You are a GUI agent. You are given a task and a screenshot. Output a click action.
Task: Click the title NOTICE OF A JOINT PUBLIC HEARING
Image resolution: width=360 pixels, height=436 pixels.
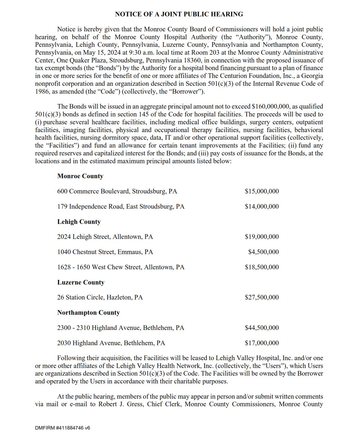[179, 14]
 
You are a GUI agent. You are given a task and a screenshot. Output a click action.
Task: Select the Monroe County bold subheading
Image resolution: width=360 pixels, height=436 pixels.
[80, 176]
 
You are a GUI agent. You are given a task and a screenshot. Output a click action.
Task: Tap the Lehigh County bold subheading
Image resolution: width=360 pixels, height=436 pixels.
[79, 221]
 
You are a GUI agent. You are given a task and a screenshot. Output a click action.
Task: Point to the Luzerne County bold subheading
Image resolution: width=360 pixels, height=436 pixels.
[81, 282]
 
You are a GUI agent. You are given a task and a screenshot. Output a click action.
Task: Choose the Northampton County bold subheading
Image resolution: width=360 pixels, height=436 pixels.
[89, 313]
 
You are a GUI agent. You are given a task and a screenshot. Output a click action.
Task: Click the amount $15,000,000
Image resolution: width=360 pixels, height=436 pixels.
[262, 191]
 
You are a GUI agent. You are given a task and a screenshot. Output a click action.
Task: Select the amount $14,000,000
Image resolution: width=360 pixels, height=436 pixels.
[262, 206]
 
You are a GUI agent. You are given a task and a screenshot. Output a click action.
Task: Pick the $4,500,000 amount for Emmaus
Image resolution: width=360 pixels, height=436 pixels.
[263, 252]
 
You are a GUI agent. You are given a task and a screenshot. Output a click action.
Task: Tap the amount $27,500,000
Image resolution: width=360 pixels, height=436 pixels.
[262, 297]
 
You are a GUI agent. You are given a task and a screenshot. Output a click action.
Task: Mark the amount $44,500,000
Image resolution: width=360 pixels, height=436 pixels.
[262, 328]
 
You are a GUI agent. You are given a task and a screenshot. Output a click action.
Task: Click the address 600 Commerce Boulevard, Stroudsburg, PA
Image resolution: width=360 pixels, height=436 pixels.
[117, 191]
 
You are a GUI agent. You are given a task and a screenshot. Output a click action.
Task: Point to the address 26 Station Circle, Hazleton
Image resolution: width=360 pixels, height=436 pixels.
[100, 297]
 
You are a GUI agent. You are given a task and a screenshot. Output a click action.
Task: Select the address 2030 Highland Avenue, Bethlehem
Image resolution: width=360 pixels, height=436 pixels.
[111, 343]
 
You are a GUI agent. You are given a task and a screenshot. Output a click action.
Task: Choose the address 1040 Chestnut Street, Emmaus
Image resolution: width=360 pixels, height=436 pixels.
[105, 252]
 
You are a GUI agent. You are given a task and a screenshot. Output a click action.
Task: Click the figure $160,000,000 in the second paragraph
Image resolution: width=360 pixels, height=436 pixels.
[270, 106]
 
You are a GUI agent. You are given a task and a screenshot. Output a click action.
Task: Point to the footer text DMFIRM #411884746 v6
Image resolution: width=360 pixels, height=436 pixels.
[62, 428]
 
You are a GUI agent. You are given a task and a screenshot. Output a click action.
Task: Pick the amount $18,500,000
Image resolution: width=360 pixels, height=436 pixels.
[262, 267]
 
